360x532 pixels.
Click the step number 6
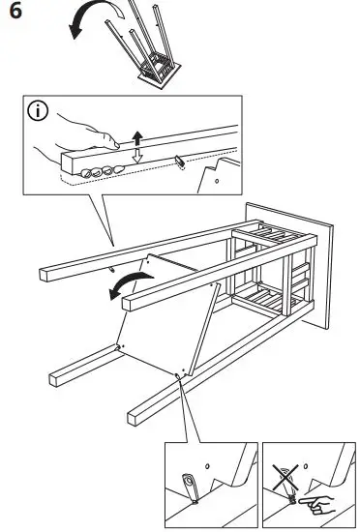tap(14, 14)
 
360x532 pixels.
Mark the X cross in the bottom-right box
tap(285, 476)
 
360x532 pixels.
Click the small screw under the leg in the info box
tap(180, 162)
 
